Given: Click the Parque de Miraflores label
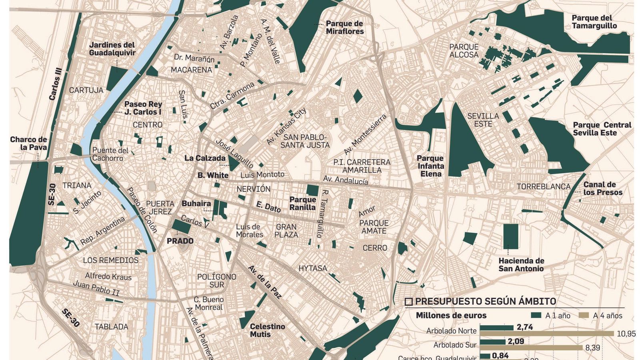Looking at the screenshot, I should (344, 28).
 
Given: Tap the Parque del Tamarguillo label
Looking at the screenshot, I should (594, 22).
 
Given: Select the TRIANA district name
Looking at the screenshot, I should (77, 186).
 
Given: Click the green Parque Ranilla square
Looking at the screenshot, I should (312, 190).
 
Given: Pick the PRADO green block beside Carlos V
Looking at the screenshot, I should (182, 226).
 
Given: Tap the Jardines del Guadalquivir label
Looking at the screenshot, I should (112, 49).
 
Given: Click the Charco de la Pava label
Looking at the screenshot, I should (28, 143).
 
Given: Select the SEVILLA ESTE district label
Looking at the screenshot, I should (483, 120).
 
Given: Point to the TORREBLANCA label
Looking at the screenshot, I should (543, 187).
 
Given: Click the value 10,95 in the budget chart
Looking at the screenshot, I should (626, 334).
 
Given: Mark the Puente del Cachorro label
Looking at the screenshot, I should (110, 154).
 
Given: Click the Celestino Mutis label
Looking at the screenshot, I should (267, 330).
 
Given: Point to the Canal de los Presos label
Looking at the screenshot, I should (603, 188).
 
